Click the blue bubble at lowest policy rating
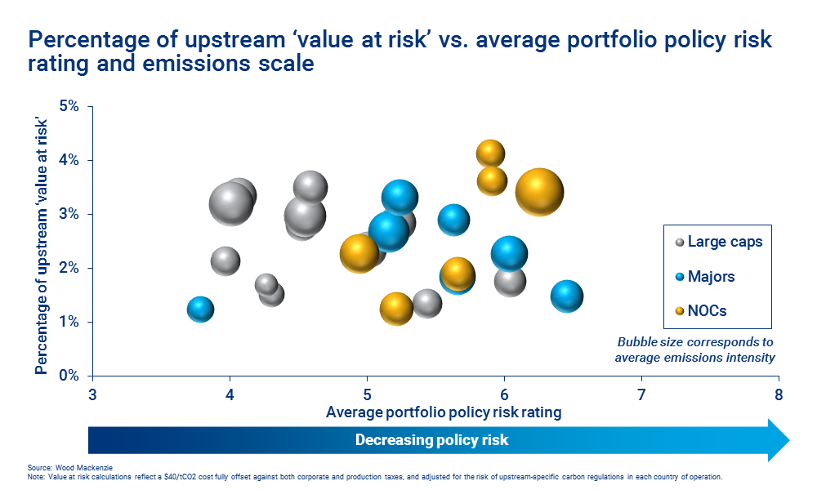coord(200,310)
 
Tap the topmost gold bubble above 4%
coord(490,153)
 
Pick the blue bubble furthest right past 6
coord(566,296)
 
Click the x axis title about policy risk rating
coord(444,412)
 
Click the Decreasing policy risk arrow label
coord(431,440)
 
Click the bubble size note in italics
coord(694,350)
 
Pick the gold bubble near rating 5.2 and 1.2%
coord(396,308)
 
